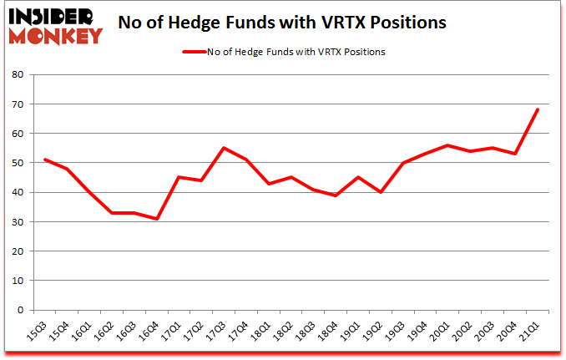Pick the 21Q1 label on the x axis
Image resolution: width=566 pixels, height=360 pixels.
coord(530,332)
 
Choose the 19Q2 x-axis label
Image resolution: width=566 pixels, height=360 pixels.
coord(373,332)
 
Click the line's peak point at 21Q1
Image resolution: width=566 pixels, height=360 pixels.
coord(538,109)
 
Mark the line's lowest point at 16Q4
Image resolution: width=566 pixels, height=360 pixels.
coord(156,219)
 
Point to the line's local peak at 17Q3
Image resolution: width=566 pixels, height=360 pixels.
coord(224,148)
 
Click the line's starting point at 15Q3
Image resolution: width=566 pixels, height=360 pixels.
coord(45,160)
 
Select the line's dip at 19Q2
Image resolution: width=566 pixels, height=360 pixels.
coord(381,192)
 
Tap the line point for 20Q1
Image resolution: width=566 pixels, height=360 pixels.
coord(447,145)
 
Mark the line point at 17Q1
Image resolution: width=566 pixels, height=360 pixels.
coord(179,177)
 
